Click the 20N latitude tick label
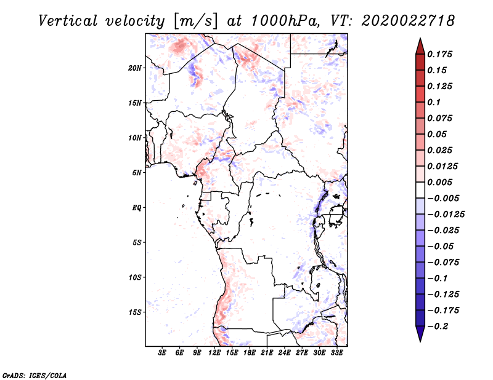[x=135, y=68]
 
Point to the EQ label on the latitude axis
[x=136, y=208]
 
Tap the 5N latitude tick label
[x=137, y=173]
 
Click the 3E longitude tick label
[x=162, y=353]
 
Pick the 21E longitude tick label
[x=267, y=353]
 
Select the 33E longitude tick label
[x=336, y=353]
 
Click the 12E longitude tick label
[x=214, y=353]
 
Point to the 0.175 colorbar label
[x=439, y=54]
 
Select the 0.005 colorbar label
[x=439, y=182]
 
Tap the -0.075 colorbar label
[x=443, y=263]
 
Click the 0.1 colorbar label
[x=434, y=102]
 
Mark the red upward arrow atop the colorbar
[x=420, y=46]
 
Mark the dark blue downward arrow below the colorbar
[x=420, y=334]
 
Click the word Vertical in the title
[x=68, y=21]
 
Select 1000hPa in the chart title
[x=285, y=21]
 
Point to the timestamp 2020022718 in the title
[x=408, y=21]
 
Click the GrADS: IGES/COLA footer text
[x=35, y=376]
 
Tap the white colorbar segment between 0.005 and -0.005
[x=420, y=190]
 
